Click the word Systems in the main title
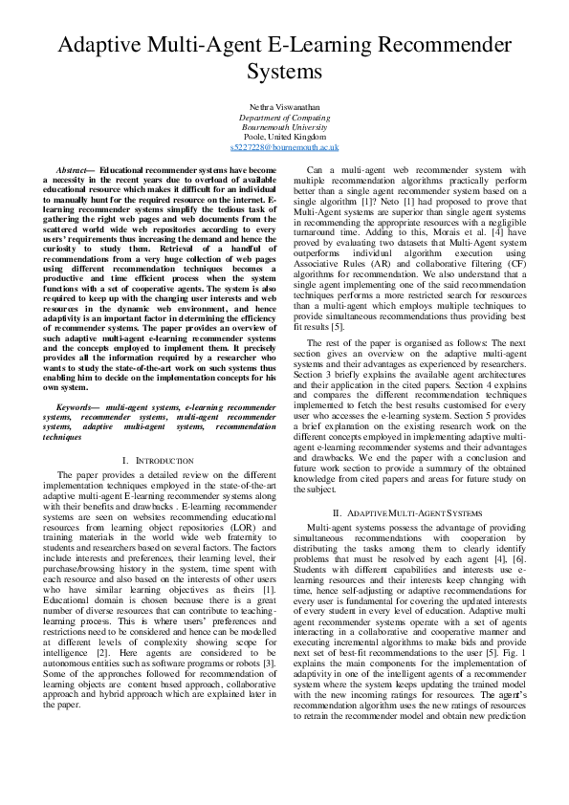(x=284, y=72)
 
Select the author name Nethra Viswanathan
(x=284, y=107)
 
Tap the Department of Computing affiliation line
(x=284, y=117)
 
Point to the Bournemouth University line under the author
(x=284, y=127)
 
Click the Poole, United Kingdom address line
(x=284, y=138)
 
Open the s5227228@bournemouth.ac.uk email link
(x=284, y=148)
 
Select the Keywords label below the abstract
(x=78, y=407)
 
